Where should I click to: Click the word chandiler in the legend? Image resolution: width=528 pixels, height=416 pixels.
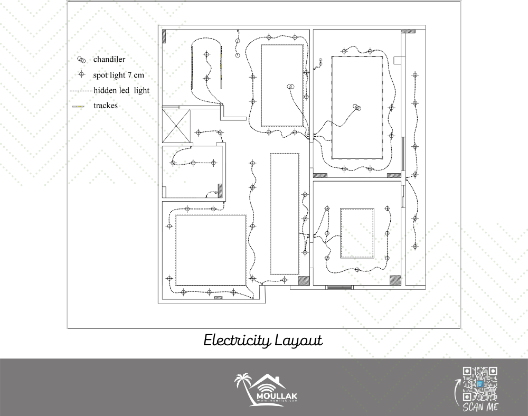coord(109,59)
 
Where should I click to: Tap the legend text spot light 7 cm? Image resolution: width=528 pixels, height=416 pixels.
coord(118,75)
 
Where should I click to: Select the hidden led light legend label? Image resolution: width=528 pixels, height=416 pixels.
coord(121,90)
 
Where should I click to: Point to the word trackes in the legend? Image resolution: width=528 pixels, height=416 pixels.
coord(106,106)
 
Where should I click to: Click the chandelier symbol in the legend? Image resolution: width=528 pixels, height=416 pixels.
coord(81,60)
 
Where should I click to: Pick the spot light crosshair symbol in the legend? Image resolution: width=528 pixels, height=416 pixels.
coord(81,74)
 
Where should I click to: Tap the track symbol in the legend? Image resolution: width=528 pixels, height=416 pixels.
coord(78,107)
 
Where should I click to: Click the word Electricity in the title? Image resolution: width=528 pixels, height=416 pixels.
coord(237,341)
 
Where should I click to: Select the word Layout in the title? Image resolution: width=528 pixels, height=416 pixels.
coord(299,341)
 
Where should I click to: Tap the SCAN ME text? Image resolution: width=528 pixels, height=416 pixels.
coord(480,407)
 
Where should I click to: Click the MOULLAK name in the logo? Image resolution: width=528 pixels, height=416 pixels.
coord(277,396)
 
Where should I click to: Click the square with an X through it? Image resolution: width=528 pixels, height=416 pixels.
coord(176,126)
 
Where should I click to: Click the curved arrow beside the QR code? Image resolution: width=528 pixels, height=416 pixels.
coord(457,392)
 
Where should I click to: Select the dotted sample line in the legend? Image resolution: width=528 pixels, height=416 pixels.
coord(81,91)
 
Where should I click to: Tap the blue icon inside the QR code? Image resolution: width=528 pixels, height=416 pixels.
coord(480,384)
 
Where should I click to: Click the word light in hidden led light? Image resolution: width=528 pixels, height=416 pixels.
coord(142,90)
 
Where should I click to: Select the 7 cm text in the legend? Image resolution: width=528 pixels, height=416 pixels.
coord(136,75)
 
